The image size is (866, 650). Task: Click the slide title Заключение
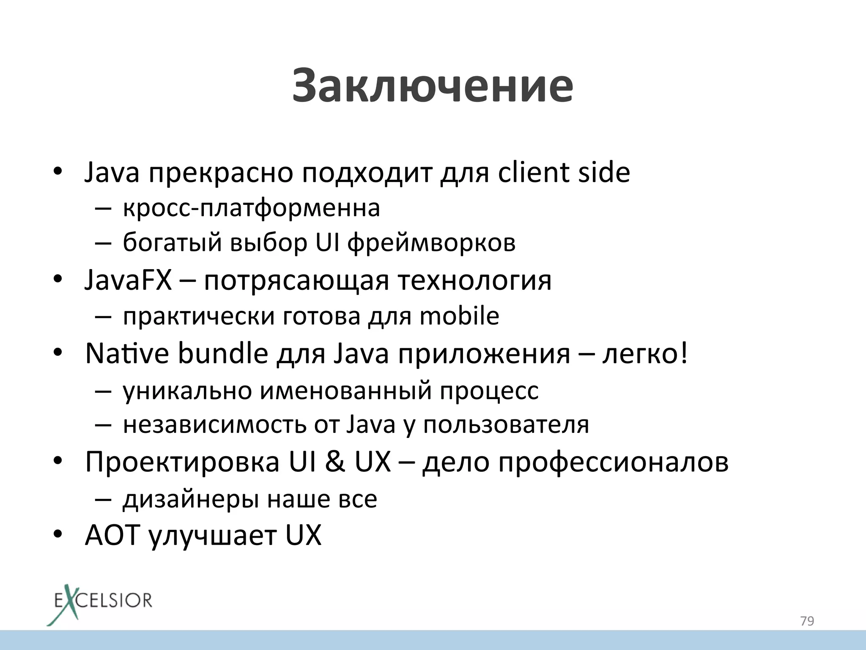click(432, 86)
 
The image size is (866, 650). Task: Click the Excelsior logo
click(100, 603)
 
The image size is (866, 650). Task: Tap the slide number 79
click(807, 621)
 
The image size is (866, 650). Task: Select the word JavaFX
click(128, 280)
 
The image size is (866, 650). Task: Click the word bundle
click(223, 353)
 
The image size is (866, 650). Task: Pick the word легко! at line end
click(645, 353)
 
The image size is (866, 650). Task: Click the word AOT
click(112, 535)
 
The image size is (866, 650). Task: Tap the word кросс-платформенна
click(251, 208)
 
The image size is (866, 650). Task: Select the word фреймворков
click(431, 243)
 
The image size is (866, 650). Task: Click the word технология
click(474, 281)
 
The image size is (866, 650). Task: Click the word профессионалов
click(613, 462)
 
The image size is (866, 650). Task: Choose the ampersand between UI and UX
click(335, 462)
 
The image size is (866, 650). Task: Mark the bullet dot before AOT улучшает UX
click(58, 534)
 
